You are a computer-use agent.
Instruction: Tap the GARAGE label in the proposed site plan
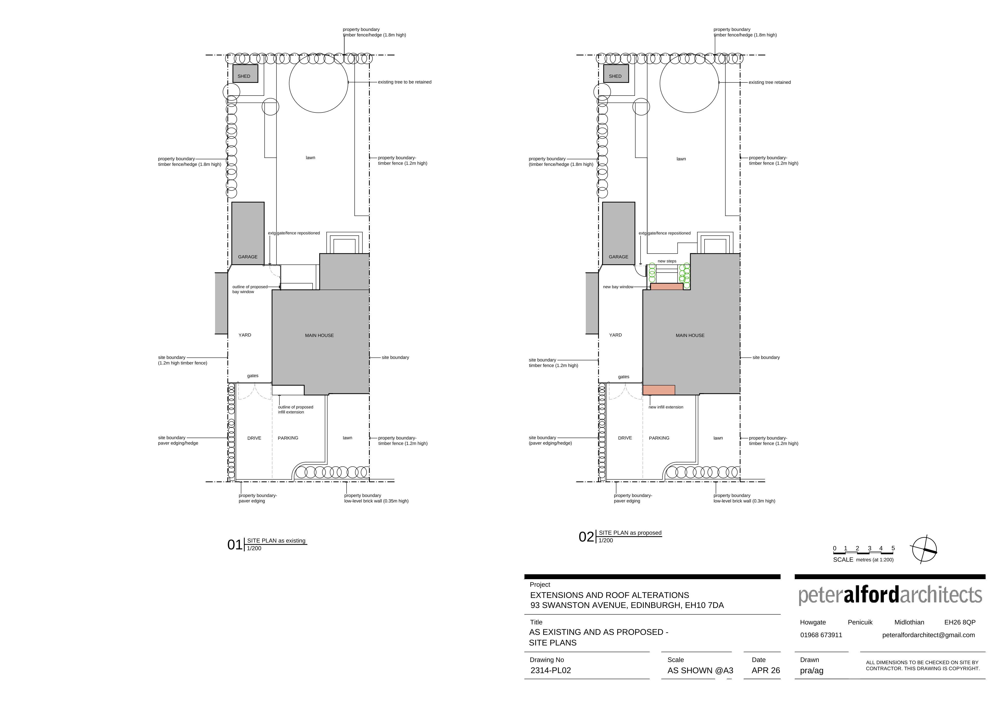[x=618, y=257]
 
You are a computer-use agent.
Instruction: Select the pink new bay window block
[x=667, y=287]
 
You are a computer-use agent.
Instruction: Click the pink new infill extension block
[x=659, y=390]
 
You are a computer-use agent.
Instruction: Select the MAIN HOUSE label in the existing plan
[x=319, y=335]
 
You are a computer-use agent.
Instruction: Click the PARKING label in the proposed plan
[x=659, y=438]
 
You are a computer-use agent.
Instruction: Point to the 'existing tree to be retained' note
[x=405, y=82]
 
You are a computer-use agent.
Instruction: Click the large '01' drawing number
[x=235, y=545]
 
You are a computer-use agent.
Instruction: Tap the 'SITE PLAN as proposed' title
[x=630, y=533]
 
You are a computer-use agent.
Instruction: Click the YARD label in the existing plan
[x=245, y=335]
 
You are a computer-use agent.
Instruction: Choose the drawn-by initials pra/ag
[x=811, y=671]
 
